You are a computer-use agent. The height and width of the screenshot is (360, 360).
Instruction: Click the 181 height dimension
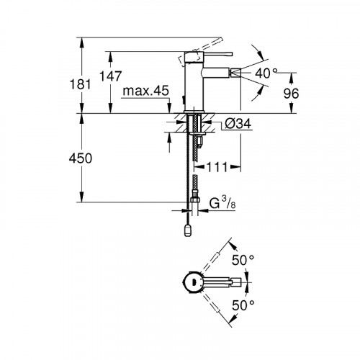pyautogui.click(x=84, y=84)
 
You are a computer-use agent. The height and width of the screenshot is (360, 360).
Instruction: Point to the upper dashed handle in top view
pyautogui.click(x=217, y=261)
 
